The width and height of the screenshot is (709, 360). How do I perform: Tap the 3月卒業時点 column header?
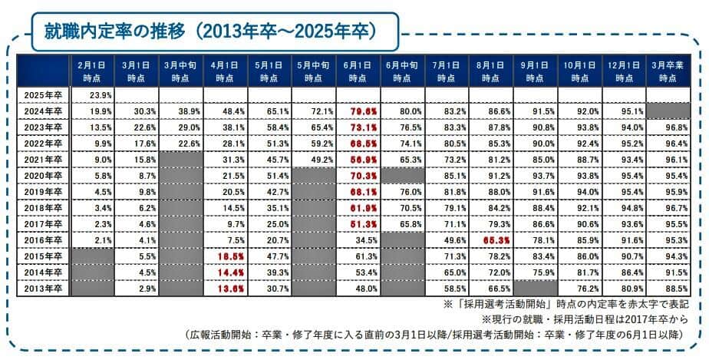coord(667,71)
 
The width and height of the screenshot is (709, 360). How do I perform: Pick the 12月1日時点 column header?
coord(624,71)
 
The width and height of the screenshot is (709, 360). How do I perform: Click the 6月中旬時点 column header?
coord(402,71)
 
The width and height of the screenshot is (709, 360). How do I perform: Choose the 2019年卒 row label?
coord(42,192)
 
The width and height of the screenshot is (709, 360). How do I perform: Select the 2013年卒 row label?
coord(42,289)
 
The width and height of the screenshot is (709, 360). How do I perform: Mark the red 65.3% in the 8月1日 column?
coord(493,240)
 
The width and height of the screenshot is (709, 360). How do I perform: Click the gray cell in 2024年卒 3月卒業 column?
coord(667,111)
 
